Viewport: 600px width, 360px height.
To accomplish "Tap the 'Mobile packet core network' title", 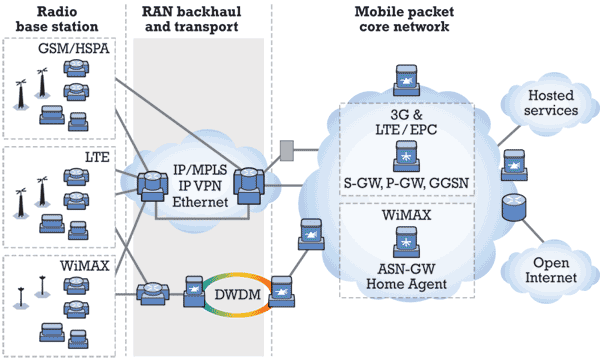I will click(406, 19).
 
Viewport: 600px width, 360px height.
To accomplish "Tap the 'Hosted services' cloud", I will click(552, 102).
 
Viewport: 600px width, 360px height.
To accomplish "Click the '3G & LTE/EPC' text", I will click(406, 126).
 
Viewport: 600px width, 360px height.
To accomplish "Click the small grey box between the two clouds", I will click(287, 150).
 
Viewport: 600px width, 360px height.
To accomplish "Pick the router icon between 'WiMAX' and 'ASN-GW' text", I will click(406, 240).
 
